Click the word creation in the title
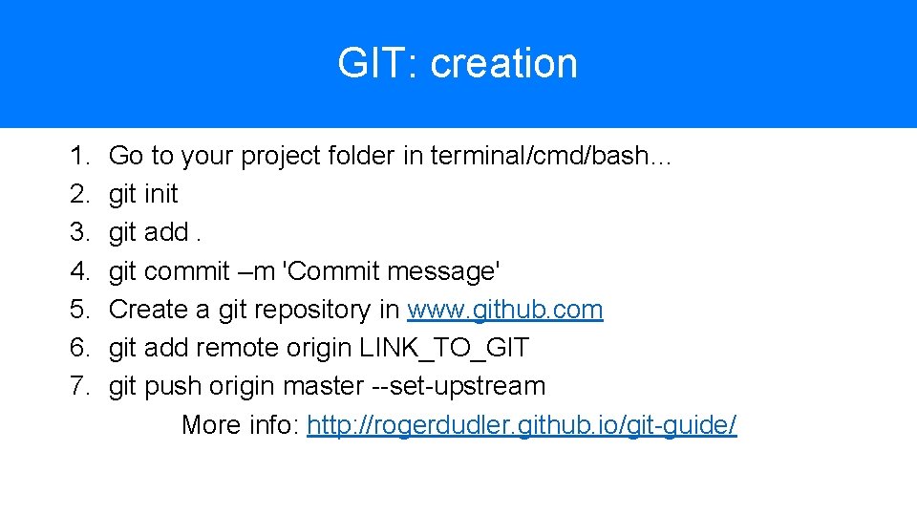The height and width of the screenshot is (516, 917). [x=503, y=64]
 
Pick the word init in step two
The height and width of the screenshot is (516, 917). [x=160, y=194]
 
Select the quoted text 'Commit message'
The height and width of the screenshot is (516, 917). [x=392, y=271]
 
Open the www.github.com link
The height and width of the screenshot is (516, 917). [x=504, y=310]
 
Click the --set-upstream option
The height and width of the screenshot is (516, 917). [x=458, y=386]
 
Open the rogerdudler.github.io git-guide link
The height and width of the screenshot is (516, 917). [x=522, y=424]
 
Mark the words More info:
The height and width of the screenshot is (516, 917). [x=240, y=424]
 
